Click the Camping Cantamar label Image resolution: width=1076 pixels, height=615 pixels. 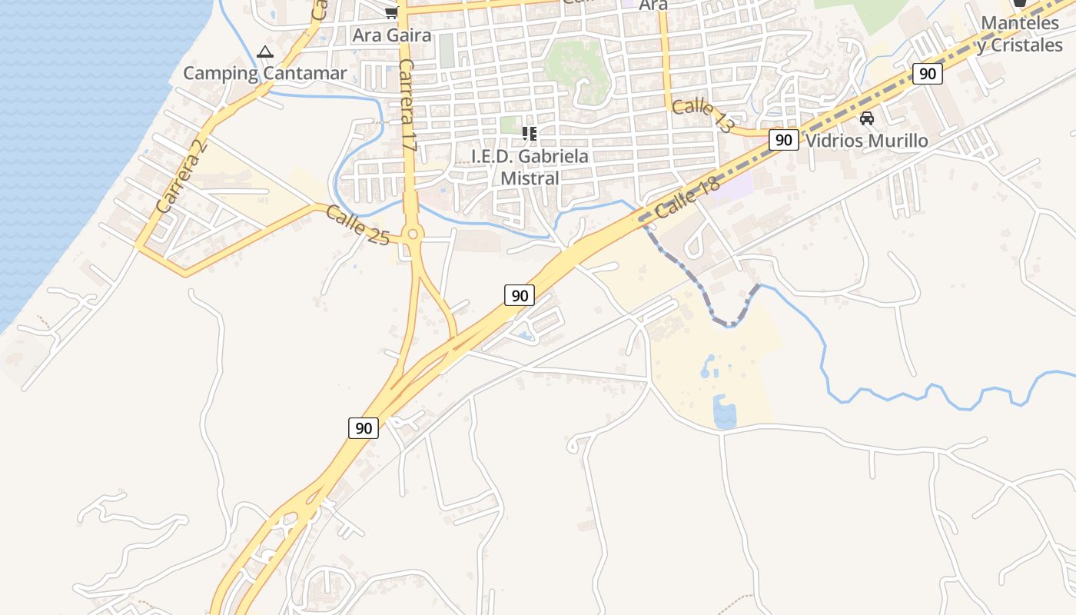265,74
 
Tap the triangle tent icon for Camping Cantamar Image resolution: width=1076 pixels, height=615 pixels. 265,52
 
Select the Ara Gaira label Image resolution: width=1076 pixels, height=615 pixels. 392,35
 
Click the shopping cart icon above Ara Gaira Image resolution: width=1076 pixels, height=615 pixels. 391,12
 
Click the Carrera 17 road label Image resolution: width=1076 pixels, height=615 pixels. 407,105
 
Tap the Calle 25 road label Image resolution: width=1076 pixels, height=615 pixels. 357,224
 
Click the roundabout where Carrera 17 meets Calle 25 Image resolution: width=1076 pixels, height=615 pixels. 413,234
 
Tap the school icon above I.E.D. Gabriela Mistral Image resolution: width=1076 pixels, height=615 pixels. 529,134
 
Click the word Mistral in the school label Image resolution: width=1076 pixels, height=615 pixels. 530,178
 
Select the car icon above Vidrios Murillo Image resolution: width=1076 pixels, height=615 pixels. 867,118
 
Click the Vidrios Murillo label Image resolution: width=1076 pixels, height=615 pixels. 867,141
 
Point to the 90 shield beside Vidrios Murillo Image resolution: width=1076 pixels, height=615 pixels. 783,140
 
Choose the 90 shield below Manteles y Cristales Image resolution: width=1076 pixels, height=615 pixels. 928,74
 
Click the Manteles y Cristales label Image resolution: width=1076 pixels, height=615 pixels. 1020,35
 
